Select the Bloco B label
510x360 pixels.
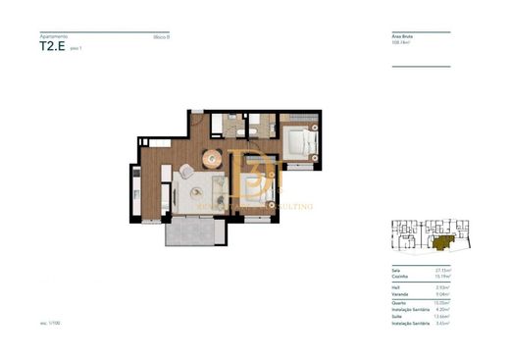[161, 36]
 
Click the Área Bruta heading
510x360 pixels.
[403, 36]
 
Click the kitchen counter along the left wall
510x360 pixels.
[138, 186]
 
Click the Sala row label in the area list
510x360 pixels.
[394, 268]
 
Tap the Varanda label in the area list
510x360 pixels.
[397, 292]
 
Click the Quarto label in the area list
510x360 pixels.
[396, 301]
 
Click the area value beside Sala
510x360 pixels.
[442, 268]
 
